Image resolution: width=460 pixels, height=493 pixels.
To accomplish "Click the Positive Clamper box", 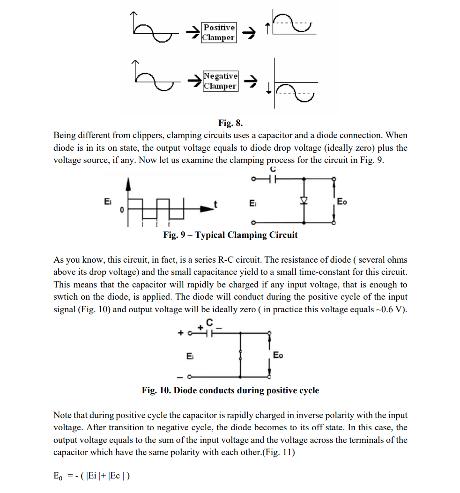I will [x=219, y=32].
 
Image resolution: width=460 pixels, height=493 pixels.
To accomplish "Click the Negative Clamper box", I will [x=221, y=81].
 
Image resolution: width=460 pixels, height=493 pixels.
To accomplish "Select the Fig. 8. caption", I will [x=230, y=123].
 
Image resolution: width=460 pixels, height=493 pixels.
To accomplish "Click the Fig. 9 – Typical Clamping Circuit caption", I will [x=230, y=235].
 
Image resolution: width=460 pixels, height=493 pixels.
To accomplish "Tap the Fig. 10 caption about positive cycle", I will [x=230, y=390].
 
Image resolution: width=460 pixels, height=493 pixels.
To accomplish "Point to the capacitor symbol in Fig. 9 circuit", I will [x=272, y=178].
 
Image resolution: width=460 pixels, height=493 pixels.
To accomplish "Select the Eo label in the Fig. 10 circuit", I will [x=278, y=355].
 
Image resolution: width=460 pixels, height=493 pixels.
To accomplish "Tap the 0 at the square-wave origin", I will [x=121, y=211].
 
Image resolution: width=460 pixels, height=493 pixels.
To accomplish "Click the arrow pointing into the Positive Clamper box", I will [x=193, y=32].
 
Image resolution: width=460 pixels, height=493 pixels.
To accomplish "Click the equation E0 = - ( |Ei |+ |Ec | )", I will [x=92, y=476].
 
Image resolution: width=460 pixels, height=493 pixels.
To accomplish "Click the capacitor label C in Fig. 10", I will [x=210, y=322].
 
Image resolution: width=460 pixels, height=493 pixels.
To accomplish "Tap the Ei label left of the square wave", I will [x=108, y=202].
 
